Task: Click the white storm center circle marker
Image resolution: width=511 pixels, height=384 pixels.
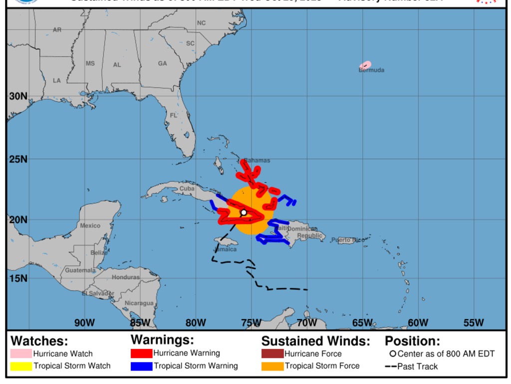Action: click(x=244, y=212)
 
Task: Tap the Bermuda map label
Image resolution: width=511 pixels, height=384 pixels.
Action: click(x=371, y=70)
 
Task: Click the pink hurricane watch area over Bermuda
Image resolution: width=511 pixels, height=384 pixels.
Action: click(x=365, y=65)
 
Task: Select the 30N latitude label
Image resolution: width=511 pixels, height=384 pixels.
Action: click(x=18, y=96)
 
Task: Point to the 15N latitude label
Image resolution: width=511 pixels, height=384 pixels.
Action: click(x=18, y=278)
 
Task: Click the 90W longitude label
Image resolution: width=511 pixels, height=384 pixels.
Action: click(x=84, y=322)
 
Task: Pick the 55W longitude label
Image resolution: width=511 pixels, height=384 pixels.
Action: click(x=473, y=322)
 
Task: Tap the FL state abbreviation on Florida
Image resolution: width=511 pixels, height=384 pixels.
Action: click(x=174, y=115)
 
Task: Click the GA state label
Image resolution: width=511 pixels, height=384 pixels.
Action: click(x=163, y=63)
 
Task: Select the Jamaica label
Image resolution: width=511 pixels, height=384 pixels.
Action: click(x=225, y=249)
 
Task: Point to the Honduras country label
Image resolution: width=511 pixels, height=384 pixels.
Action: click(x=126, y=277)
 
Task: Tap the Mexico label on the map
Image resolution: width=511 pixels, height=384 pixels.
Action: click(x=90, y=225)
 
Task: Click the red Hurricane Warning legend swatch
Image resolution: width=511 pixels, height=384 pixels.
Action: click(x=141, y=353)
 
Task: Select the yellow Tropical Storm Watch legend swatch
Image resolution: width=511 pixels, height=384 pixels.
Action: click(x=21, y=366)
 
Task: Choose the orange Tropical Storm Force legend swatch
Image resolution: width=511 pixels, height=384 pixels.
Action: click(x=272, y=366)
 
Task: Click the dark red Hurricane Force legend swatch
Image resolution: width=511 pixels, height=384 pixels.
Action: click(x=272, y=353)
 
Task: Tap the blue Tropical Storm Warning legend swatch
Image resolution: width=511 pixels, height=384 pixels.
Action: click(x=141, y=366)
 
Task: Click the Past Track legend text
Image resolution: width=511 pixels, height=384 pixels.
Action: click(x=417, y=366)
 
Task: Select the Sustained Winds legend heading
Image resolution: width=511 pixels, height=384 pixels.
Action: click(x=315, y=341)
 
